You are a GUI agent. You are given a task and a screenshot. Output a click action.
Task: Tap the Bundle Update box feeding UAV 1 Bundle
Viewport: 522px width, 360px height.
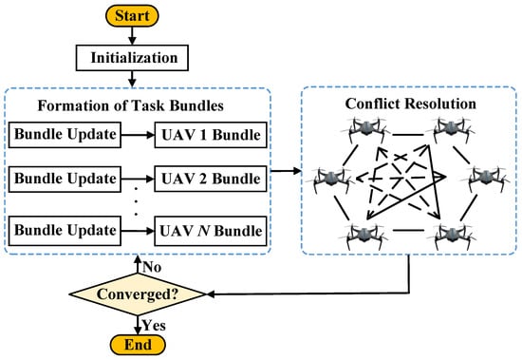[65, 136]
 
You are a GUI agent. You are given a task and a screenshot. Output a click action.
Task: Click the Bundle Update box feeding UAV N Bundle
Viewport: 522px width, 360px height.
[65, 231]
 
